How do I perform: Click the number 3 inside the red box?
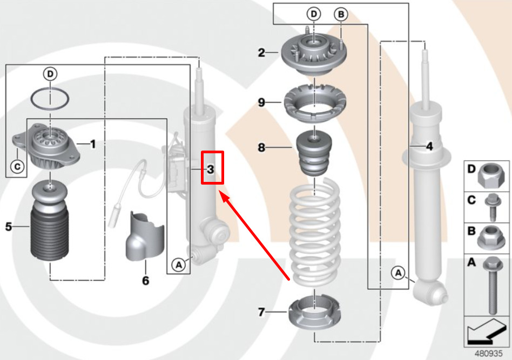coord(211,169)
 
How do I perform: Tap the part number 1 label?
coord(93,144)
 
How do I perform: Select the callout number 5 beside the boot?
coord(9,227)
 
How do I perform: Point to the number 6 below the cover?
coord(146,280)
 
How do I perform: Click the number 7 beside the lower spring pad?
coord(261,313)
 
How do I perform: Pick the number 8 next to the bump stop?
coord(261,147)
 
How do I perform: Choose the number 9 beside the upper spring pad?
coord(261,103)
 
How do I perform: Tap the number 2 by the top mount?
coord(261,52)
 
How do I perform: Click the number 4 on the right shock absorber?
coord(430,147)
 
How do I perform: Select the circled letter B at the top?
coord(341,15)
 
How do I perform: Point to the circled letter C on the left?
coord(17,166)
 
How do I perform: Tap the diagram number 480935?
coord(488,354)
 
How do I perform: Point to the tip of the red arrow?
coord(219,192)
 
